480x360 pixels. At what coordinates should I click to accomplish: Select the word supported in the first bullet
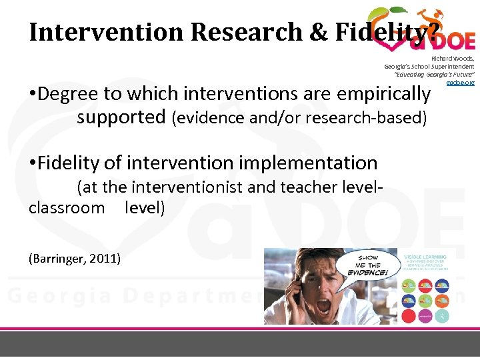(121, 117)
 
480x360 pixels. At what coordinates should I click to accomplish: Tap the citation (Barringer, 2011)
(75, 258)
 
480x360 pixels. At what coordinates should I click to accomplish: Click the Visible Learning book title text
(425, 256)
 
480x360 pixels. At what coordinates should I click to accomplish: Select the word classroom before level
(67, 207)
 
